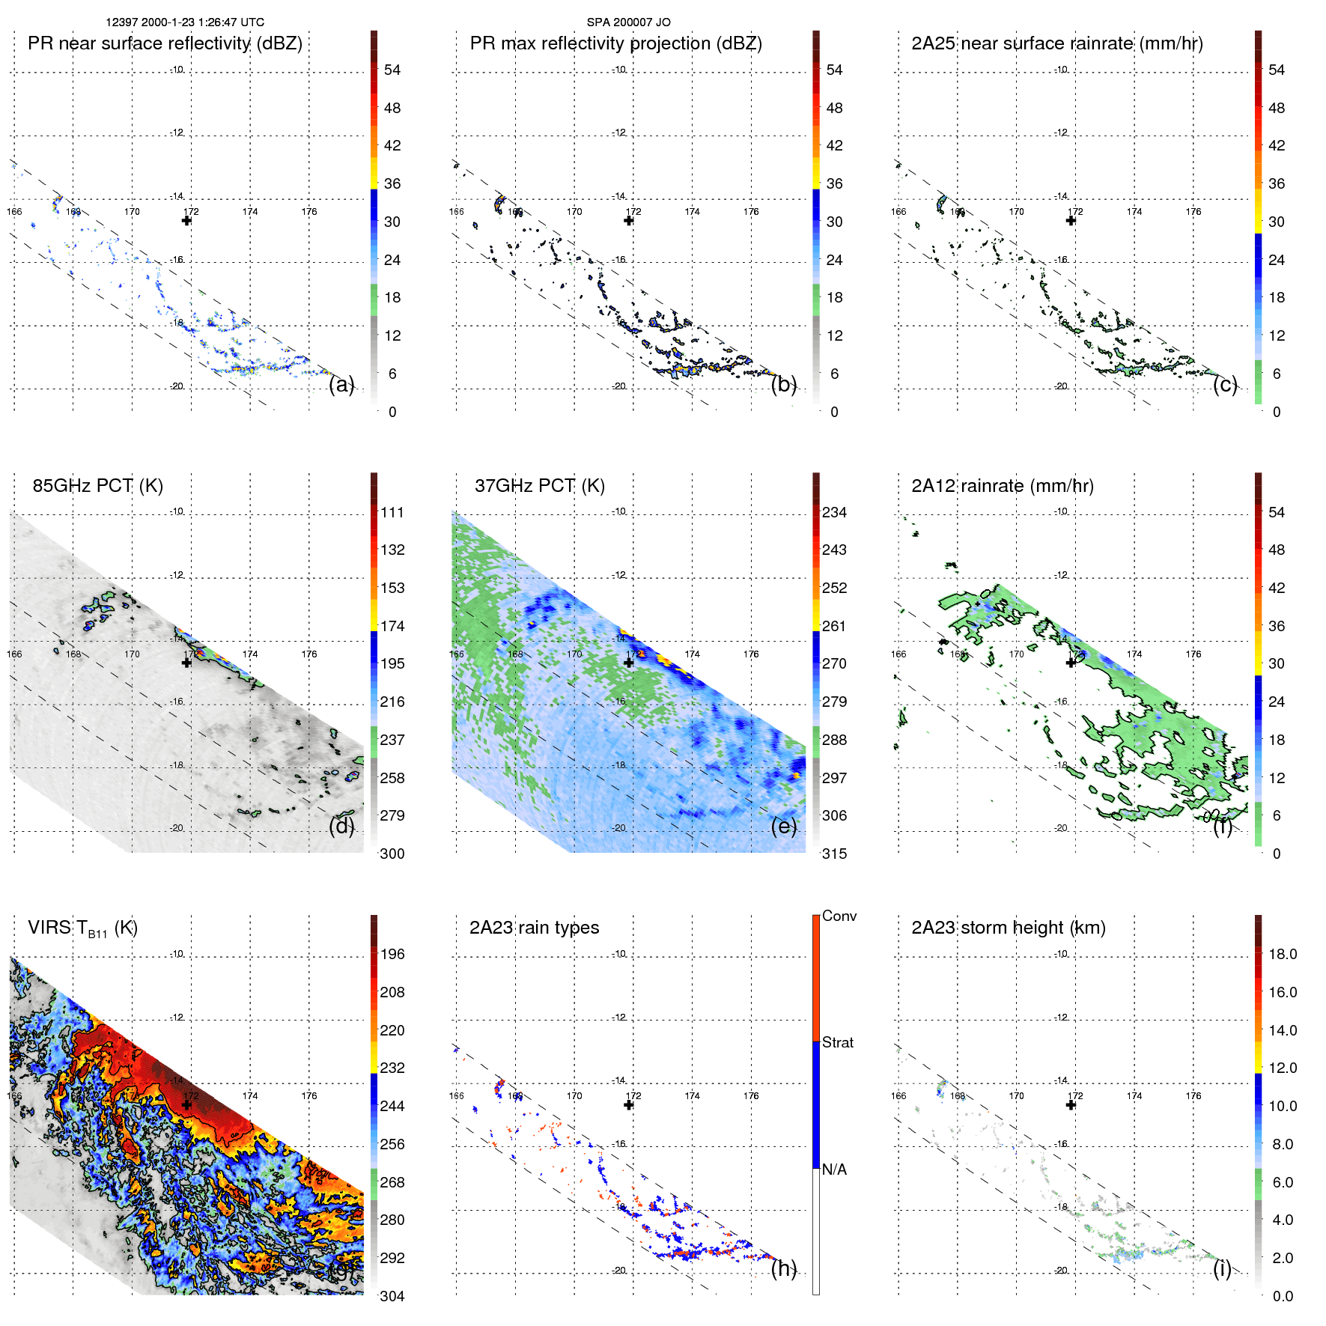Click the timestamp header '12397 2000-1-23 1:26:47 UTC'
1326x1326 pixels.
pyautogui.click(x=184, y=22)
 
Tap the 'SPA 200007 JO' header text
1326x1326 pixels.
pyautogui.click(x=628, y=22)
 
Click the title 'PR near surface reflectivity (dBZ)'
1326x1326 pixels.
pyautogui.click(x=165, y=43)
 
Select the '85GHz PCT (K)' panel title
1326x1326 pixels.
pyautogui.click(x=97, y=486)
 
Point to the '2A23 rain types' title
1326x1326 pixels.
pyautogui.click(x=534, y=928)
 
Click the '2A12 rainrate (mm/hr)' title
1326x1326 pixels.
pyautogui.click(x=1002, y=486)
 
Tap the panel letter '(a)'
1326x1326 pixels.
pyautogui.click(x=341, y=385)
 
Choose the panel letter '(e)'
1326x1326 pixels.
pyautogui.click(x=783, y=827)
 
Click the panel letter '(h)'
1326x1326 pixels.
pyautogui.click(x=783, y=1268)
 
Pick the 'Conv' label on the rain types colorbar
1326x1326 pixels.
pyautogui.click(x=839, y=916)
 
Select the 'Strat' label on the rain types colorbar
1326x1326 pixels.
pyautogui.click(x=837, y=1043)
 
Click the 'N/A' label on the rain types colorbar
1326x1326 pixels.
pyautogui.click(x=834, y=1170)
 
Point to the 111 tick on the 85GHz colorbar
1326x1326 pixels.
pyautogui.click(x=392, y=513)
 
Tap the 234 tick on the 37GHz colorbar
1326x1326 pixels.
pyautogui.click(x=834, y=513)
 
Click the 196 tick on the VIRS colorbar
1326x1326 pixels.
pyautogui.click(x=392, y=955)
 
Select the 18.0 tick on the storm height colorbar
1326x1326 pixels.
pyautogui.click(x=1282, y=955)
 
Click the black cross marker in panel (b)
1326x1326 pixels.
pyautogui.click(x=629, y=220)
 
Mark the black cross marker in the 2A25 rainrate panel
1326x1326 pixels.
pyautogui.click(x=1071, y=220)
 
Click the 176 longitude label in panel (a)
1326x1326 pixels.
pyautogui.click(x=309, y=212)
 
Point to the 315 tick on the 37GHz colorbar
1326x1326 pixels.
pyautogui.click(x=834, y=854)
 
